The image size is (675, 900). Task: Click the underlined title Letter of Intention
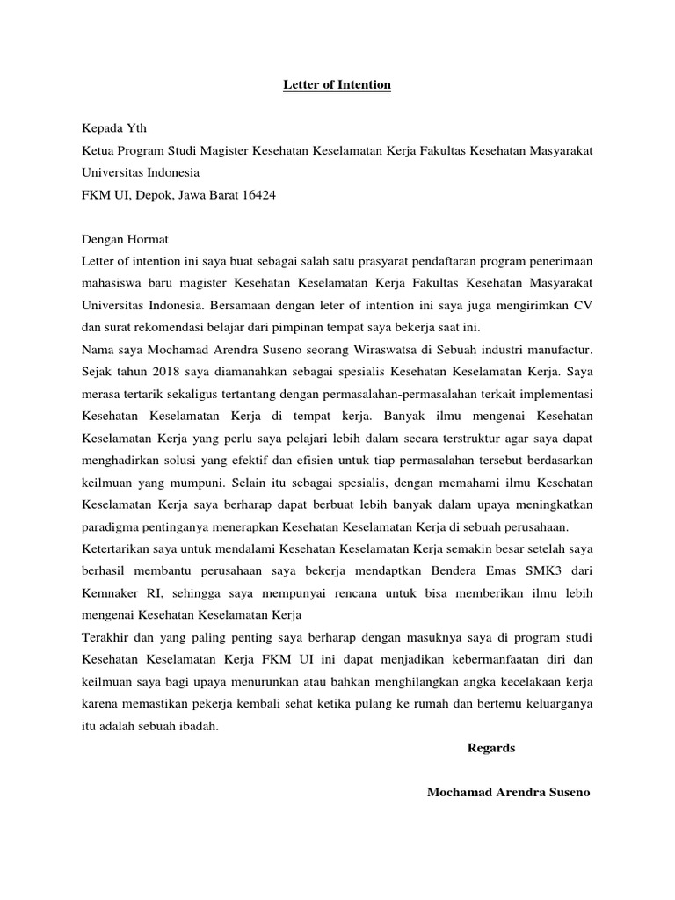point(337,85)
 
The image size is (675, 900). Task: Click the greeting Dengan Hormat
point(125,239)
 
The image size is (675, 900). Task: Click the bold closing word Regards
point(491,748)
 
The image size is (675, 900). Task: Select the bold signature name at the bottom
point(508,792)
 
